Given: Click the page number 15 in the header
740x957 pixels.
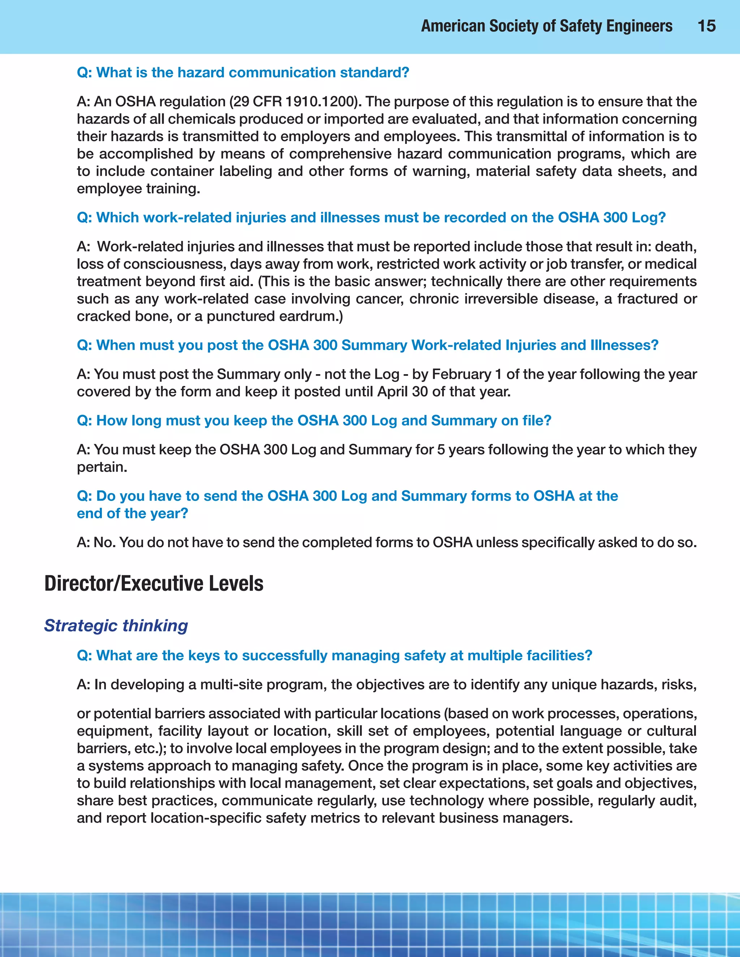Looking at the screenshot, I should (706, 26).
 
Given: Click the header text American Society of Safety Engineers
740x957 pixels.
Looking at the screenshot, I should (546, 26).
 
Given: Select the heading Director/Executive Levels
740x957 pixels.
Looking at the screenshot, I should (154, 583).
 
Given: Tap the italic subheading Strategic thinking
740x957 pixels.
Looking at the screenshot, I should (116, 625).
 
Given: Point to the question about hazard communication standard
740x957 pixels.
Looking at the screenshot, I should (242, 72).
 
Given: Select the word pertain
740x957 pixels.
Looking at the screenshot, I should (102, 467).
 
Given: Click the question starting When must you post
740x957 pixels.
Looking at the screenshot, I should (367, 345).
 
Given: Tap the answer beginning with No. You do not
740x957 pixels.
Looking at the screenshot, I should (386, 542).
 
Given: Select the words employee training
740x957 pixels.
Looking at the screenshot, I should (138, 189).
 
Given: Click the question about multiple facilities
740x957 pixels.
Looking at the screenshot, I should (334, 655).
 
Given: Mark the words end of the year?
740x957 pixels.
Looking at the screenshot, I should (132, 513).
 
